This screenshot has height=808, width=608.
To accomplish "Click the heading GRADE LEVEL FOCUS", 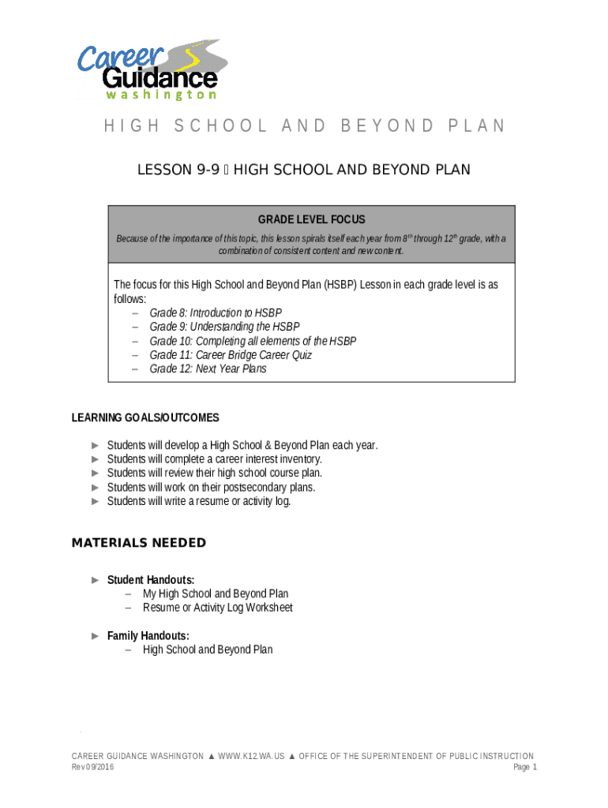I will [x=311, y=219].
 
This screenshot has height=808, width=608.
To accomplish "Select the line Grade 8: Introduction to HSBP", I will [x=215, y=312].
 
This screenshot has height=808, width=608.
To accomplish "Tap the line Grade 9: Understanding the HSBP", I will [x=224, y=327].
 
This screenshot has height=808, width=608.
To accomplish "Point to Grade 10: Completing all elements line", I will [x=253, y=341].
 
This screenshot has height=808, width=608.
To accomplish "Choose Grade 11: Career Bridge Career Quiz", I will [x=231, y=355].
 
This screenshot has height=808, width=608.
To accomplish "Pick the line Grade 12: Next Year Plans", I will [x=208, y=368].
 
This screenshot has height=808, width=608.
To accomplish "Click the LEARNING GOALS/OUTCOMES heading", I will [x=145, y=417].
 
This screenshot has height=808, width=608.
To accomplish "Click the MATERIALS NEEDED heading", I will [x=138, y=543].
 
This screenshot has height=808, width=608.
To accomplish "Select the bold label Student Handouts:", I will [x=151, y=580].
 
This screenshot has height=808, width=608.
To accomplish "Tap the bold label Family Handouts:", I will [x=148, y=635].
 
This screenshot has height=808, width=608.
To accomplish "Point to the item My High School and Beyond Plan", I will [x=215, y=593].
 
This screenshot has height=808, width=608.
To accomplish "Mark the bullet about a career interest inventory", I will [x=214, y=458].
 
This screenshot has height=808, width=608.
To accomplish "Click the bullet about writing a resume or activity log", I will [x=199, y=500].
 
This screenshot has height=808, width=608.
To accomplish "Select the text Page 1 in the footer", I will [x=524, y=767].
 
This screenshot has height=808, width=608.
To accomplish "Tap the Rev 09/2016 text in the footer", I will [x=92, y=767].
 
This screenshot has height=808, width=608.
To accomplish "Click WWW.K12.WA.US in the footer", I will [x=251, y=756].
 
